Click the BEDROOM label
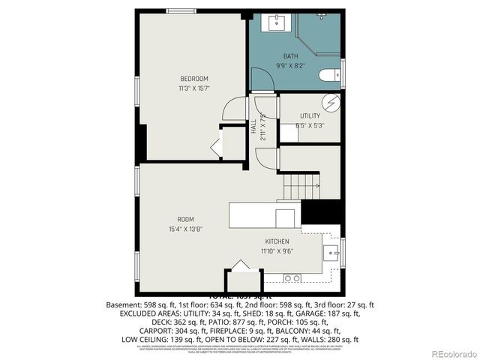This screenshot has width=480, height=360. [193, 79]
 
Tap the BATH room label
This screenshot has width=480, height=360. [290, 56]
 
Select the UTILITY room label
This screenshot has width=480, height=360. [310, 115]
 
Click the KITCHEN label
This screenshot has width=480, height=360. [277, 241]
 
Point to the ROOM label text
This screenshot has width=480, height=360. [186, 219]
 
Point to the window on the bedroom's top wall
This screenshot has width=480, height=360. [181, 11]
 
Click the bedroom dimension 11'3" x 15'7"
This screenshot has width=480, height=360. [193, 88]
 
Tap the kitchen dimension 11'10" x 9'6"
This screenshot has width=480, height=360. [277, 252]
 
